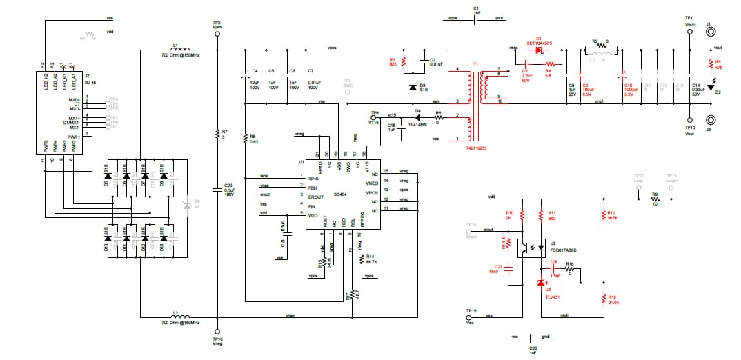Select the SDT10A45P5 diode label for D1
click(x=539, y=43)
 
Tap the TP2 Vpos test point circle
click(x=217, y=32)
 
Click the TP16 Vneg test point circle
click(x=217, y=331)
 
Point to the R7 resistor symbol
click(x=217, y=134)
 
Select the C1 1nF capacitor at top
click(x=476, y=19)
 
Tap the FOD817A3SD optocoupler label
click(x=562, y=250)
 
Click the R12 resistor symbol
click(x=604, y=215)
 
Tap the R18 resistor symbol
click(x=604, y=298)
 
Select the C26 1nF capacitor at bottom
click(x=531, y=339)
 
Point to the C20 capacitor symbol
click(x=217, y=190)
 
